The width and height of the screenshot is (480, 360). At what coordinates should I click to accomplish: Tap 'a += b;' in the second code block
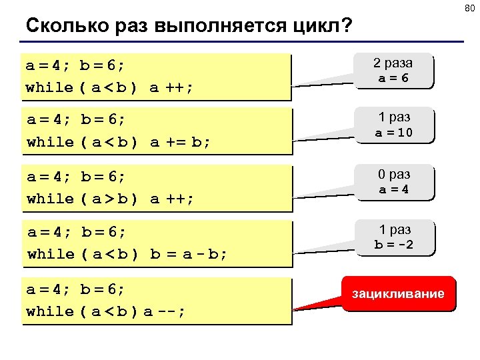click(x=179, y=142)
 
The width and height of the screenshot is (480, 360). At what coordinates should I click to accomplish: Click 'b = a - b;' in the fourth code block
click(x=189, y=254)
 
